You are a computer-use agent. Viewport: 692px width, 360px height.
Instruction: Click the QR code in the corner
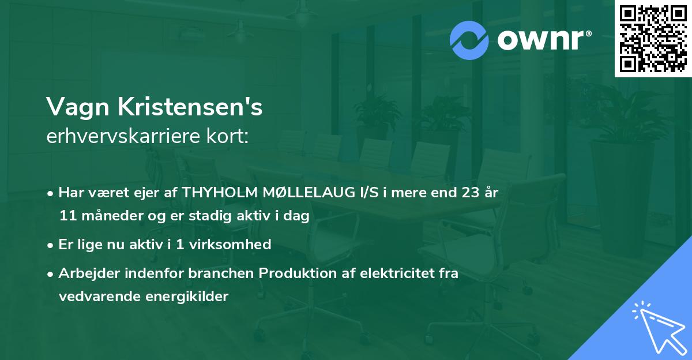click(653, 39)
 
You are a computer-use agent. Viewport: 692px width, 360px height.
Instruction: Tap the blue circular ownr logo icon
click(469, 40)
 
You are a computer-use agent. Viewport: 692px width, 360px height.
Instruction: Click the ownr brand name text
click(543, 39)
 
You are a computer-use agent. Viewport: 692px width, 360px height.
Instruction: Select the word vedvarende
click(99, 297)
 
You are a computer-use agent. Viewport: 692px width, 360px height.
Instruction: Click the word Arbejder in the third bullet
click(84, 273)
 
